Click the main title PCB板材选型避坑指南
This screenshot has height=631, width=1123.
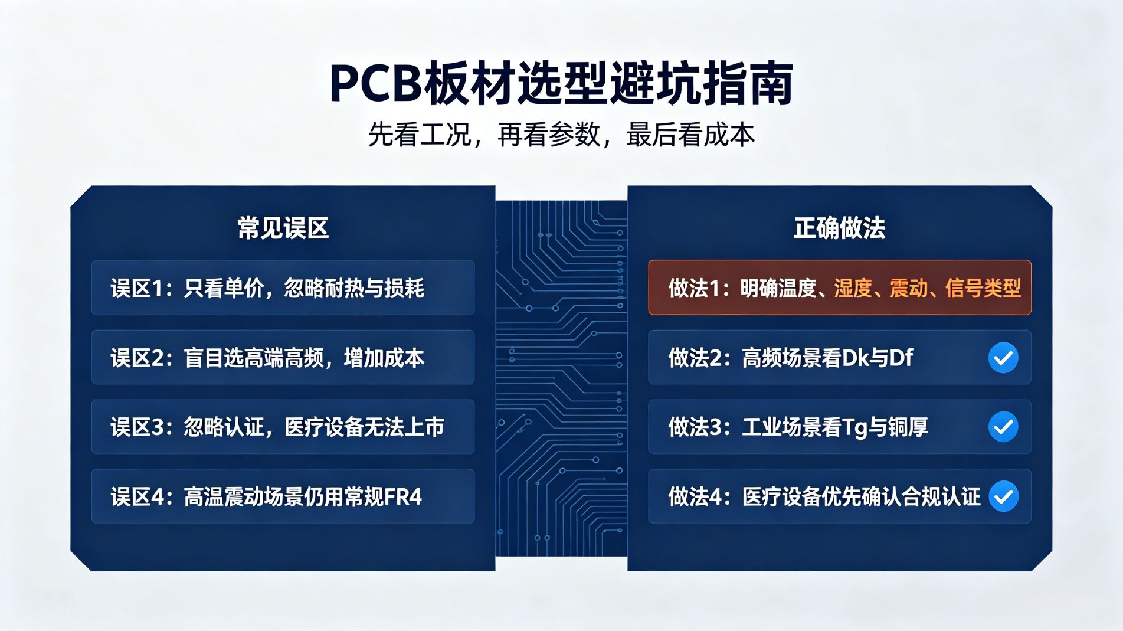pyautogui.click(x=561, y=83)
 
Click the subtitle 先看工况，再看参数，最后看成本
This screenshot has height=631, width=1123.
pyautogui.click(x=561, y=135)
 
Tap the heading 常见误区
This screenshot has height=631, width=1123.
pyautogui.click(x=283, y=228)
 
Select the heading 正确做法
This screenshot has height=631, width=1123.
pyautogui.click(x=839, y=228)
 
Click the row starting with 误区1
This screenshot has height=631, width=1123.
pyautogui.click(x=283, y=287)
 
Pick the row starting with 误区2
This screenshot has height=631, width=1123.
pyautogui.click(x=283, y=357)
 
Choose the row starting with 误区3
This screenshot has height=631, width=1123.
pyautogui.click(x=283, y=427)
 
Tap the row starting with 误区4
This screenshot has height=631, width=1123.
pyautogui.click(x=283, y=496)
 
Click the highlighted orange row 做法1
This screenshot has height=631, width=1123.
pyautogui.click(x=840, y=287)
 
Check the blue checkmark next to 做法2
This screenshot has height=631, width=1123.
pyautogui.click(x=1003, y=358)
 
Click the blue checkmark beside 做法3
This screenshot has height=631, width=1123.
pyautogui.click(x=1003, y=427)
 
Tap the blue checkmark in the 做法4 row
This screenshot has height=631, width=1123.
pyautogui.click(x=1003, y=496)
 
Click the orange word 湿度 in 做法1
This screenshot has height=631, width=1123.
pyautogui.click(x=853, y=288)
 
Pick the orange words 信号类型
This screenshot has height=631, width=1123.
pyautogui.click(x=983, y=288)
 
